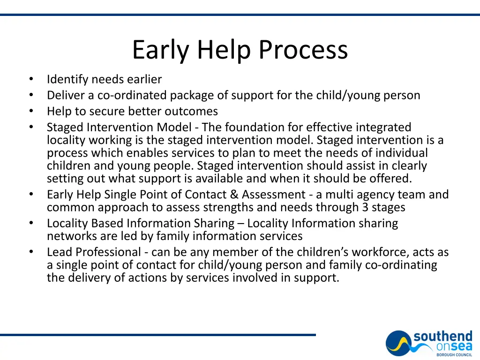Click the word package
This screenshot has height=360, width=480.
[190, 96]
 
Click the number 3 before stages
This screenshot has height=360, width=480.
[365, 207]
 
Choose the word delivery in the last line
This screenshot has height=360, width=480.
[89, 277]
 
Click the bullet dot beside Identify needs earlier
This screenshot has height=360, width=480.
[31, 79]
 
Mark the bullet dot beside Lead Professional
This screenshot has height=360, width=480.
[31, 252]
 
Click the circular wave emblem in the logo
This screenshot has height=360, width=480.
[398, 343]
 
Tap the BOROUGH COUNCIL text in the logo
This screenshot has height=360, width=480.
[454, 355]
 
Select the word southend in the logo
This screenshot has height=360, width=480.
[442, 337]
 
